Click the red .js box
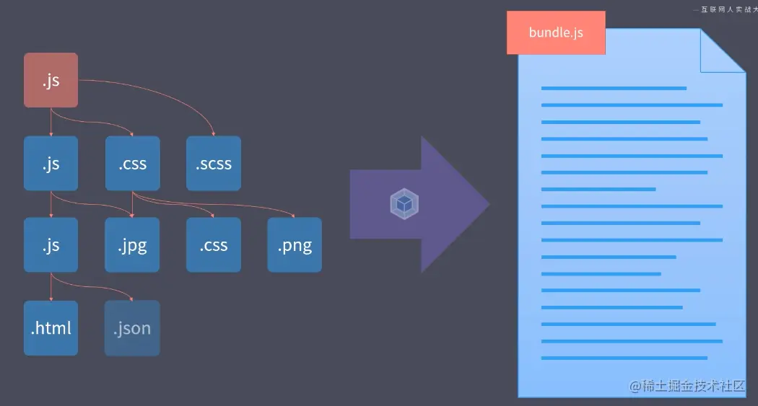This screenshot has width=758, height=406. [x=51, y=80]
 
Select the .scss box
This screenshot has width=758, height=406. [x=214, y=164]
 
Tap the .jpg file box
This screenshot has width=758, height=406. [x=132, y=245]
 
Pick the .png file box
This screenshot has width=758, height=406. [x=295, y=245]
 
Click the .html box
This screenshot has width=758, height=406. [x=51, y=328]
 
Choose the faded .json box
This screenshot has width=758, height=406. [x=132, y=328]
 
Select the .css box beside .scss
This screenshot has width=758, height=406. [x=132, y=164]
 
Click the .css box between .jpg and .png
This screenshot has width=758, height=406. [x=214, y=245]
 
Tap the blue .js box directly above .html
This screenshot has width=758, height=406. [x=51, y=245]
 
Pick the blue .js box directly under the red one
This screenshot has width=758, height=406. [x=51, y=164]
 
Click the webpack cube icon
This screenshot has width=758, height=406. [x=405, y=204]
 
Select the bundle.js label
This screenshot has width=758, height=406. [x=556, y=32]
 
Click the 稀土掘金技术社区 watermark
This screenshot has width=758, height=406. [x=687, y=386]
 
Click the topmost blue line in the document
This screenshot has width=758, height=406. [x=614, y=89]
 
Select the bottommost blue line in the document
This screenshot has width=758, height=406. [x=624, y=358]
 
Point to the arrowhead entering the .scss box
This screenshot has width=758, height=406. [x=214, y=134]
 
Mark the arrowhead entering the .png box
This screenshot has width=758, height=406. [x=295, y=216]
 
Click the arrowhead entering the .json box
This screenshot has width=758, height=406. [x=132, y=299]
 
